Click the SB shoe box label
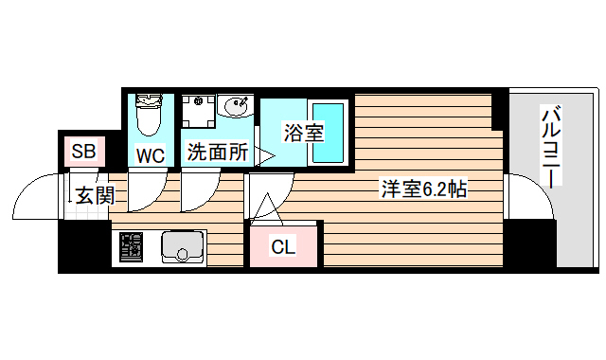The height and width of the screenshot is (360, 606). (x=82, y=151)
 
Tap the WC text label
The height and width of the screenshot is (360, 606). (x=151, y=153)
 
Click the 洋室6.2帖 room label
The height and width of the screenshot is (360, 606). (x=422, y=189)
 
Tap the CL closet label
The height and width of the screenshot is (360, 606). (x=283, y=247)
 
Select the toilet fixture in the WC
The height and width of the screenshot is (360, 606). (x=149, y=117)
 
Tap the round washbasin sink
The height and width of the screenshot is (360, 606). (x=234, y=107)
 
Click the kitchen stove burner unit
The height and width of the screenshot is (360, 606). (x=132, y=248)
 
